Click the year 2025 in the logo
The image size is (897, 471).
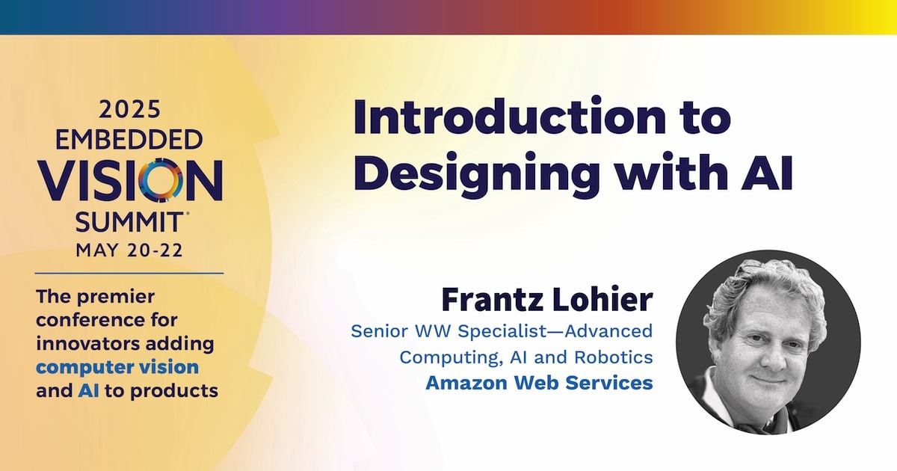pyautogui.click(x=129, y=110)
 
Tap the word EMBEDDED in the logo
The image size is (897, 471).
pyautogui.click(x=129, y=140)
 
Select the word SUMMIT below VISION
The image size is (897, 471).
pyautogui.click(x=129, y=222)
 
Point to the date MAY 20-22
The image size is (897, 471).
pyautogui.click(x=129, y=250)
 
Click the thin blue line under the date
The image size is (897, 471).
pyautogui.click(x=129, y=273)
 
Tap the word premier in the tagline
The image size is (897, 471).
pyautogui.click(x=116, y=298)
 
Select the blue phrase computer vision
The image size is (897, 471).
pyautogui.click(x=117, y=367)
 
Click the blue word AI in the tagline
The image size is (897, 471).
pyautogui.click(x=88, y=390)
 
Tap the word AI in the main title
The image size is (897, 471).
pyautogui.click(x=767, y=171)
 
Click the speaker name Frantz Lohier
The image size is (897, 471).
pyautogui.click(x=547, y=299)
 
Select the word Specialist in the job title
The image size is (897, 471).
pyautogui.click(x=502, y=331)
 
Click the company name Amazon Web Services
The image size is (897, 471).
pyautogui.click(x=540, y=383)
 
